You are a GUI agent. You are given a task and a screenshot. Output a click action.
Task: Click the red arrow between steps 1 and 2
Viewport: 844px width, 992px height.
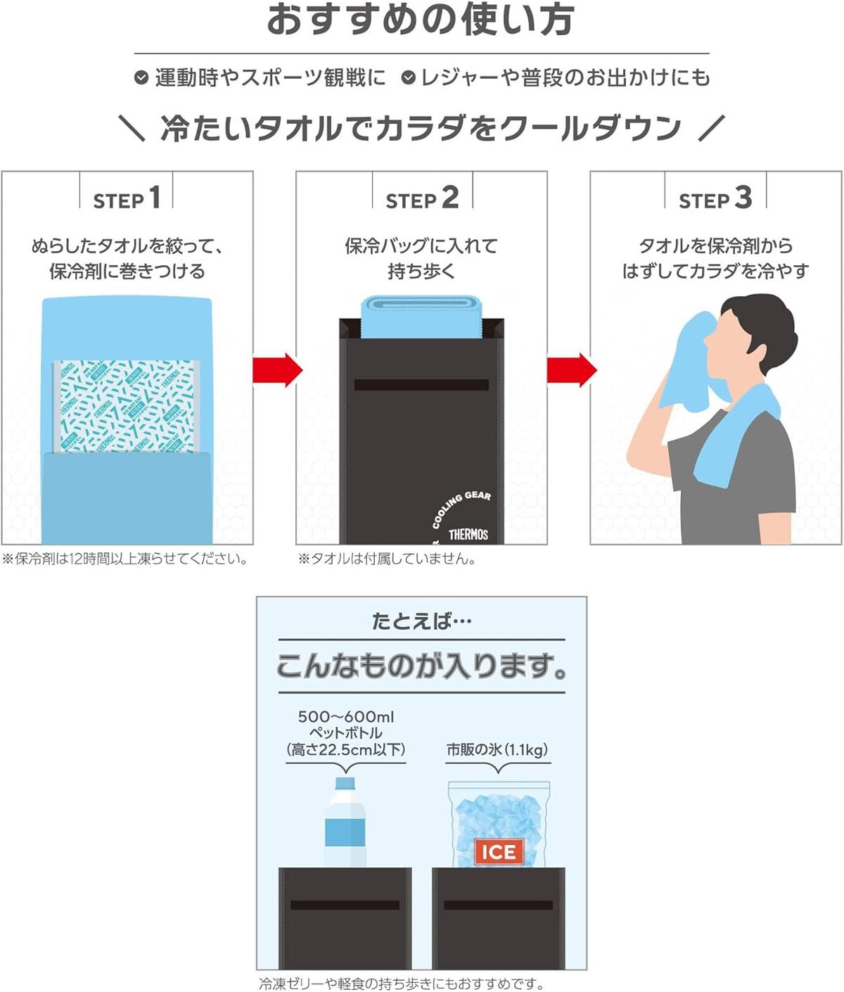pyautogui.click(x=277, y=369)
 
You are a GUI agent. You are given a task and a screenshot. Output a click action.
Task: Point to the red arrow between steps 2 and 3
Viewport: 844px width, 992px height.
pyautogui.click(x=571, y=369)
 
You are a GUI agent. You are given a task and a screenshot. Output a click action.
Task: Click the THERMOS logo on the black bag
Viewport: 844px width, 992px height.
pyautogui.click(x=468, y=534)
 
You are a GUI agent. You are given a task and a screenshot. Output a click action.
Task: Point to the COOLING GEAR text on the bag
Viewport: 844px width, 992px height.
pyautogui.click(x=461, y=508)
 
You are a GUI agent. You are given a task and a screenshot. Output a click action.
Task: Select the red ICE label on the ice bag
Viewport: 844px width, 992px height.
pyautogui.click(x=498, y=852)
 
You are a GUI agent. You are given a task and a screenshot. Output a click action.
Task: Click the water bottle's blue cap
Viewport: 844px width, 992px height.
pyautogui.click(x=345, y=783)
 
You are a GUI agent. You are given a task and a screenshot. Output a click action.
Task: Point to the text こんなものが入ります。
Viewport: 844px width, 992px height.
pyautogui.click(x=421, y=666)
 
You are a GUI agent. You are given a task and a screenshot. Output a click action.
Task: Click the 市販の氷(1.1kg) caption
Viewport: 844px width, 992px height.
pyautogui.click(x=497, y=749)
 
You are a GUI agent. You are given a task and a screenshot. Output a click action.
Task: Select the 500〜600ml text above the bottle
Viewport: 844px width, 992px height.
pyautogui.click(x=345, y=716)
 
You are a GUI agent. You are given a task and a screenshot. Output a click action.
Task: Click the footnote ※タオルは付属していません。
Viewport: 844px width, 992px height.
pyautogui.click(x=387, y=559)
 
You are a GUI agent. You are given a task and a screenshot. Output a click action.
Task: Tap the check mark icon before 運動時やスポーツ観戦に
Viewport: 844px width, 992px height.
pyautogui.click(x=141, y=77)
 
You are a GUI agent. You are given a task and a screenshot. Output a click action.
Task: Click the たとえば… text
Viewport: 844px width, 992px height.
pyautogui.click(x=421, y=621)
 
